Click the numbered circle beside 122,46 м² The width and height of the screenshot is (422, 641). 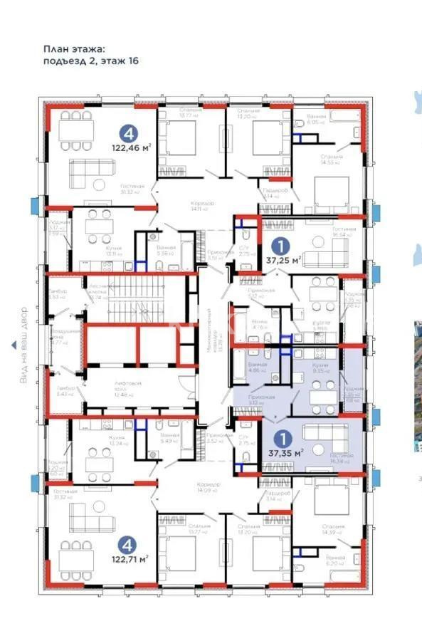pyautogui.click(x=128, y=132)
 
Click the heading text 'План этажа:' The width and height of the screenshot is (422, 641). pyautogui.click(x=74, y=48)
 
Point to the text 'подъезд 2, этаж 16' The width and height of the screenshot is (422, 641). pyautogui.click(x=90, y=61)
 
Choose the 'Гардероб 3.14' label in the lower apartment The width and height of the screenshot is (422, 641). pyautogui.click(x=274, y=496)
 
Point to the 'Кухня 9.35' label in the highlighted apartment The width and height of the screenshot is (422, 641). pyautogui.click(x=322, y=367)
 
